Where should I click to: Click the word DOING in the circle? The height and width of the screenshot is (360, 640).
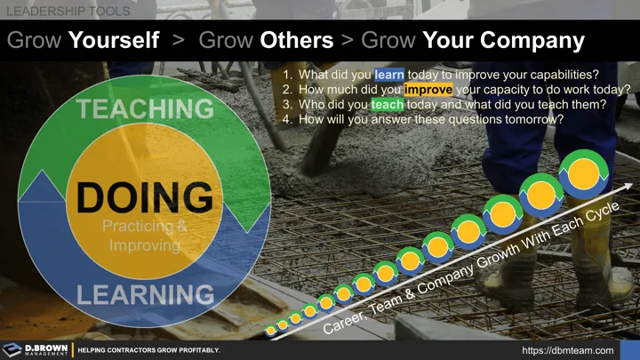[x=144, y=197]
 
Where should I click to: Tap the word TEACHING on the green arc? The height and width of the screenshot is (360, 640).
[x=145, y=109]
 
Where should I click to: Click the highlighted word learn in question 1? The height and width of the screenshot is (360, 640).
[x=389, y=75]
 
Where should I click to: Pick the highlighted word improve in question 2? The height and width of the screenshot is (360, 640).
[x=428, y=90]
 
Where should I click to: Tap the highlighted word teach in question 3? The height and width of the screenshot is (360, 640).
[x=388, y=104]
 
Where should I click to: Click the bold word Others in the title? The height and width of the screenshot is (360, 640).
[x=297, y=41]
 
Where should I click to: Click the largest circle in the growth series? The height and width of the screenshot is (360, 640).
[x=584, y=172]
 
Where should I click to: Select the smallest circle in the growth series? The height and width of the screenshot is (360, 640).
[x=270, y=331]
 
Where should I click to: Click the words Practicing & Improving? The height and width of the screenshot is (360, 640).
[x=145, y=234]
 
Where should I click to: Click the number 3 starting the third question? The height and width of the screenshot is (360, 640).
[x=286, y=104]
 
